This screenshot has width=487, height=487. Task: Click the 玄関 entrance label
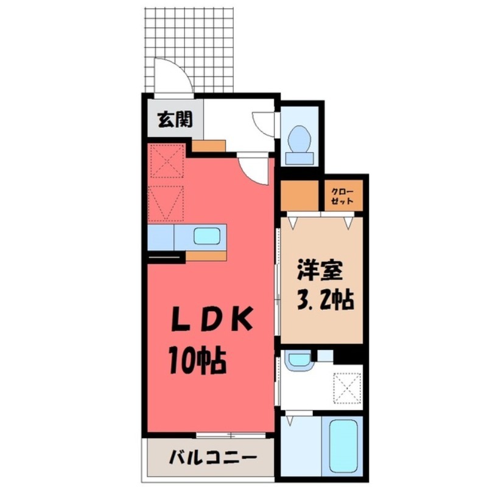point(175,120)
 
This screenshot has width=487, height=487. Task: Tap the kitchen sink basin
point(209,236)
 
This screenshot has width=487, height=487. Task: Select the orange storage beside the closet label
point(301,195)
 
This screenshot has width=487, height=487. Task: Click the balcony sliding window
point(231,435)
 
